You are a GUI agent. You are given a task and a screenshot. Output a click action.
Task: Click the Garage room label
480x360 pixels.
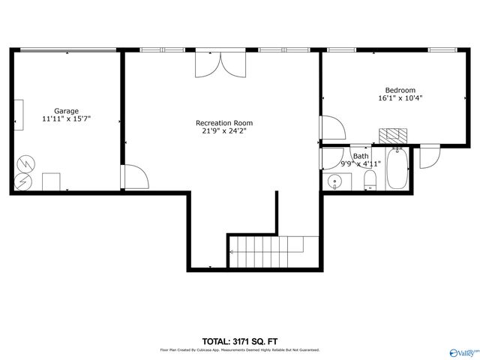pyautogui.click(x=66, y=111)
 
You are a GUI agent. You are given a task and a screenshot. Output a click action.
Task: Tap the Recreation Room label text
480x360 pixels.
pyautogui.click(x=223, y=123)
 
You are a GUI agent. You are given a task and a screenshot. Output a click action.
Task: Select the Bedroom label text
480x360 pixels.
pyautogui.click(x=400, y=90)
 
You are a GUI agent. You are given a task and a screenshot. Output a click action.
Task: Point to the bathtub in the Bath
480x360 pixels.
pyautogui.click(x=397, y=170)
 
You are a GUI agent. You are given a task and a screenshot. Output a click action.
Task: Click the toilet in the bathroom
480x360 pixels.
pyautogui.click(x=370, y=180)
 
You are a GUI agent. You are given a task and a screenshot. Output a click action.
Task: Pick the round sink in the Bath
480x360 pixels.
pyautogui.click(x=335, y=181)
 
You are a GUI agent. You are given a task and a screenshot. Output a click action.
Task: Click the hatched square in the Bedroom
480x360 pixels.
pyautogui.click(x=392, y=136)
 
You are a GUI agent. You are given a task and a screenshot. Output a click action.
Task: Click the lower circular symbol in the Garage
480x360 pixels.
pyautogui.click(x=23, y=181)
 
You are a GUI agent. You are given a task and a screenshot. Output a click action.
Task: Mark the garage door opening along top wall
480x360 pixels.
pyautogui.click(x=67, y=51)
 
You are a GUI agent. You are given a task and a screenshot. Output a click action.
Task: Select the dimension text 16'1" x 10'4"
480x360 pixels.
pyautogui.click(x=400, y=98)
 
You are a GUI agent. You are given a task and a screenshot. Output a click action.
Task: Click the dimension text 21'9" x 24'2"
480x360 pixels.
pyautogui.click(x=223, y=131)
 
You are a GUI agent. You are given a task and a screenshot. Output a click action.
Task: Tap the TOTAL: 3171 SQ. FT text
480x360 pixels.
pyautogui.click(x=239, y=341)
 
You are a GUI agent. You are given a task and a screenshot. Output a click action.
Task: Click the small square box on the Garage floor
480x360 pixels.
pyautogui.click(x=51, y=182)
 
